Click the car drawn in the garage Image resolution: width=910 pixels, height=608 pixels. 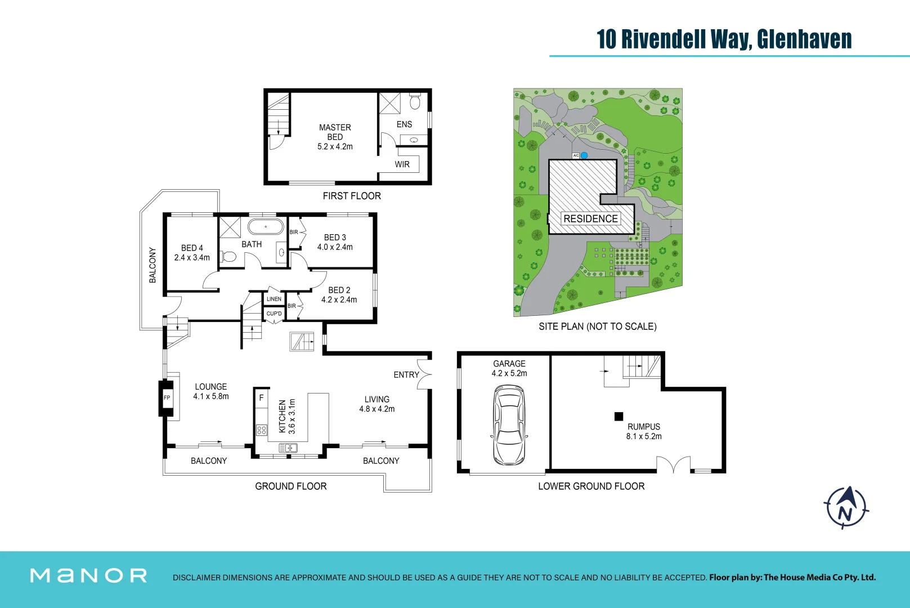pos(509,425)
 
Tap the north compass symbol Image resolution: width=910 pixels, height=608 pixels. pos(846,508)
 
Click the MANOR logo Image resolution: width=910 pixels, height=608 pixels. pos(88,575)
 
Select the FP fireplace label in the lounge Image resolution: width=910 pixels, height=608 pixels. pos(167,397)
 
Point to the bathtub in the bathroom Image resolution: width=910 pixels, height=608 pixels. pos(266,227)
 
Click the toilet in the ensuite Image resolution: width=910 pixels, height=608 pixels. pos(415,102)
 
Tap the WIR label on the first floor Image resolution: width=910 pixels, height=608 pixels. pos(402,164)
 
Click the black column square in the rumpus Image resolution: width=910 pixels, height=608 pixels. pos(618,417)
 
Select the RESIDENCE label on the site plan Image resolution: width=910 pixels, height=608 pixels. pos(590,218)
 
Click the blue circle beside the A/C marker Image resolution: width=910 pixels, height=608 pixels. pos(584,155)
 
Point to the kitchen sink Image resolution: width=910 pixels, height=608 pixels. pos(288,448)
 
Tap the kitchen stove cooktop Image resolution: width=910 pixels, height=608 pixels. pos(261,430)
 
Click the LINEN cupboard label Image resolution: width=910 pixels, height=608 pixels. pos(274,299)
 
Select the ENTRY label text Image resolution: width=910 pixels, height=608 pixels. pos(406,374)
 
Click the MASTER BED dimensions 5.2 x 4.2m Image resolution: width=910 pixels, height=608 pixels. pos(335,146)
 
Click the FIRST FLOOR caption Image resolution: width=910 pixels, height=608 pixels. pos(352,196)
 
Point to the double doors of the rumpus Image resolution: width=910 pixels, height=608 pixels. pos(673,465)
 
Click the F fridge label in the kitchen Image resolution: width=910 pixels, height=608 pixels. pos(261,397)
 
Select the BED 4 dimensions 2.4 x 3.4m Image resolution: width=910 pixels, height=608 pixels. pos(192,257)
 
